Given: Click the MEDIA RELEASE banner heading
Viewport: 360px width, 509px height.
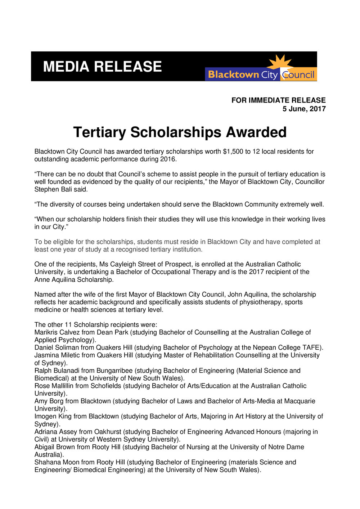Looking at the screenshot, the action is tap(102, 67).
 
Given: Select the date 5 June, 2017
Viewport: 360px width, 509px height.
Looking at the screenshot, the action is tap(304, 109).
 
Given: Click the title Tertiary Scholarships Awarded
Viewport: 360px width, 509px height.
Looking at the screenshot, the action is tap(180, 132).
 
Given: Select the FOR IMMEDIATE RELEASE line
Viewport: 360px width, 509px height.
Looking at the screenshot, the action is tap(278, 100).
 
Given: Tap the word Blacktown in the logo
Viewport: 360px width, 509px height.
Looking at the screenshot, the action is tap(233, 75).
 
